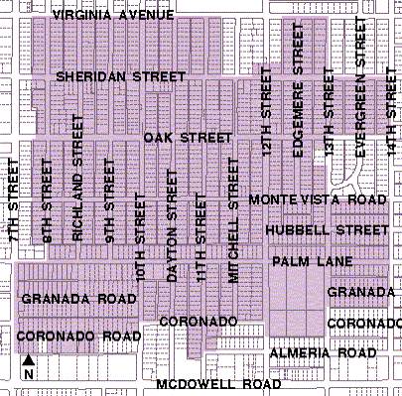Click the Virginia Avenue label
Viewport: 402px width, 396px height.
click(x=113, y=15)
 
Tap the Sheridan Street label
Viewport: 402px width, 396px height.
click(x=121, y=76)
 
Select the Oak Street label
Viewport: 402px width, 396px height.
click(x=188, y=137)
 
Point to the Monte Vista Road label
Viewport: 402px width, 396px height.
click(x=317, y=199)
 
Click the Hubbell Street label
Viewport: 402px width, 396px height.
click(x=326, y=230)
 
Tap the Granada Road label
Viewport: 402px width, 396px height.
click(x=78, y=298)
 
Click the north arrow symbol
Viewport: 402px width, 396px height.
click(x=29, y=367)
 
